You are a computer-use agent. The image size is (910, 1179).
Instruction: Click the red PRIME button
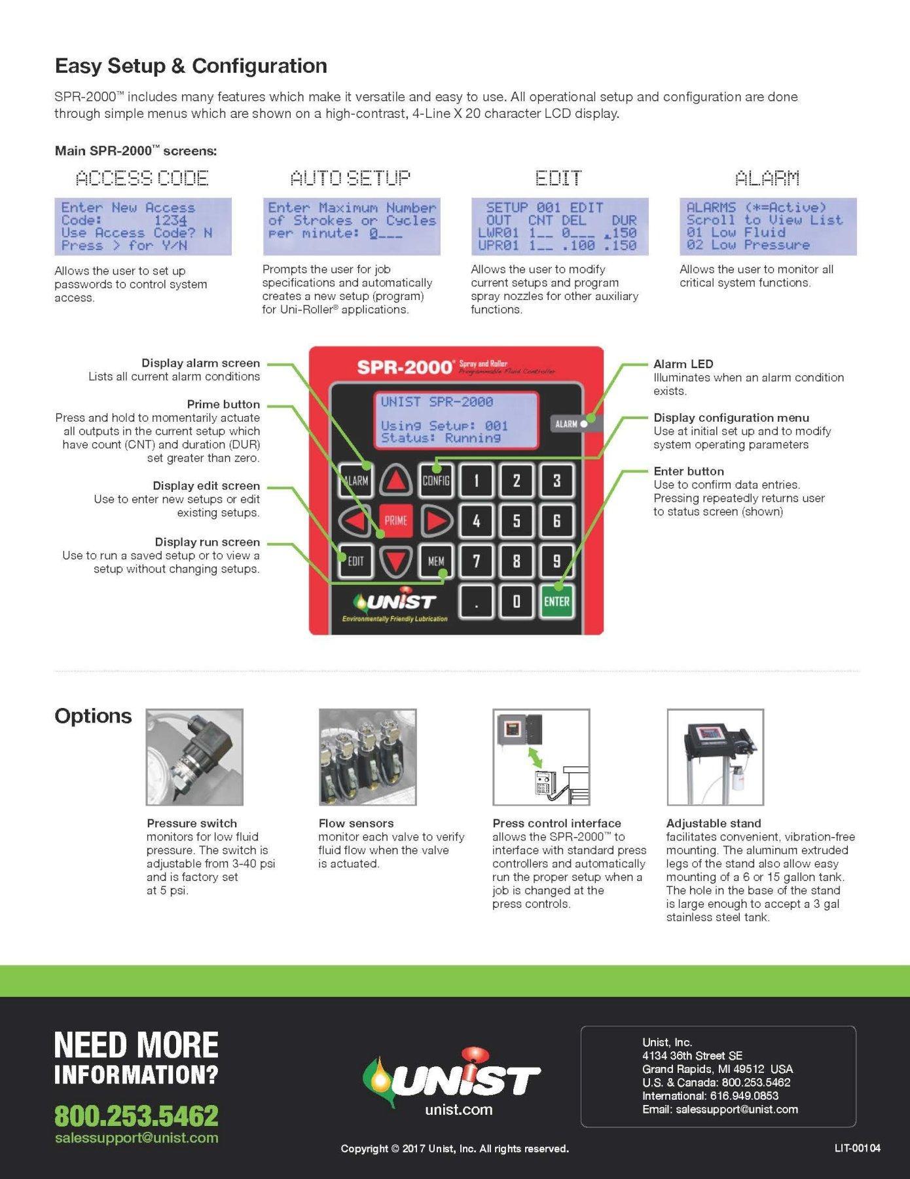tap(395, 521)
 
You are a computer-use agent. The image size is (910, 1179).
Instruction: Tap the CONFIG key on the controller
tap(436, 481)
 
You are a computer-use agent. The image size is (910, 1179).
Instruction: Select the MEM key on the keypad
tap(436, 561)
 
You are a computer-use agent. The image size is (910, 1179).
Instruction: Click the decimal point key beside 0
tap(476, 601)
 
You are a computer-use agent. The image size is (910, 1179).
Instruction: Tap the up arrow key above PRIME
tap(395, 481)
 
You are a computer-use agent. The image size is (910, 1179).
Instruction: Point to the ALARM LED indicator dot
tap(584, 424)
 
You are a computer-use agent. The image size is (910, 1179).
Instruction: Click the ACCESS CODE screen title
tap(142, 178)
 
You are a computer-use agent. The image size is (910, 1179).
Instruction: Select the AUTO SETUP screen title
tap(351, 178)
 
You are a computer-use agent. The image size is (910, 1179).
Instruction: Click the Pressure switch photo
tap(194, 757)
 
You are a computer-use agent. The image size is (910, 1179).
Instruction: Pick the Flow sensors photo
tap(367, 757)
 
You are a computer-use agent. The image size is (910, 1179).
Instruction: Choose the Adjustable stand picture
tap(715, 757)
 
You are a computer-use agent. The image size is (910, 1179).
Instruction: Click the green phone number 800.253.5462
tap(136, 1115)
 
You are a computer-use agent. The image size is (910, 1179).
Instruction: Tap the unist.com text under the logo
tap(458, 1110)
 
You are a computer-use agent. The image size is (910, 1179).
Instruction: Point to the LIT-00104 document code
tap(857, 1148)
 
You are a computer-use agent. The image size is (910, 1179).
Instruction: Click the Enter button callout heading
tap(689, 472)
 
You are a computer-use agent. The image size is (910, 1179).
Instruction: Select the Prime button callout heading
tap(223, 404)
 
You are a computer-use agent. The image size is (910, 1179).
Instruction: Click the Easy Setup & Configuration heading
tap(191, 66)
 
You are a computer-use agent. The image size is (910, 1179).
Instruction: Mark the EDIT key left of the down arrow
tap(355, 561)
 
